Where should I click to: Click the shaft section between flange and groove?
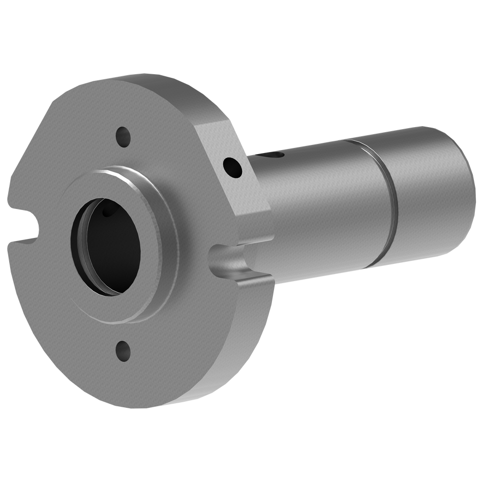315,203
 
